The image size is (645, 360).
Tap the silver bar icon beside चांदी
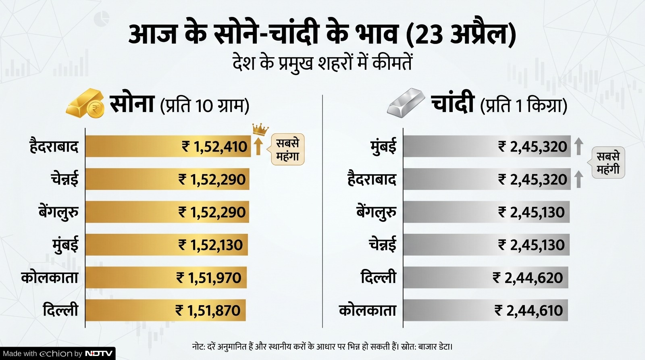[x=406, y=103]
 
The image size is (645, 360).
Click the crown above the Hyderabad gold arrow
[x=260, y=129]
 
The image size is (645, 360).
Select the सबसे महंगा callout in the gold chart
[x=287, y=150]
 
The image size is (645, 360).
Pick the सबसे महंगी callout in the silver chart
[x=608, y=162]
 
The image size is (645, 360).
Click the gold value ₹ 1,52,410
[x=214, y=147]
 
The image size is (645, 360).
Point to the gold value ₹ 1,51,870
[x=208, y=310]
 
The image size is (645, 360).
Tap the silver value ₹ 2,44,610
[x=528, y=310]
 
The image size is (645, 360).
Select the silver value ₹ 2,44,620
[x=528, y=278]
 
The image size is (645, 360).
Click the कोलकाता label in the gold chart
[x=50, y=277]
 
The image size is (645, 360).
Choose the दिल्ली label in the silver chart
[x=378, y=277]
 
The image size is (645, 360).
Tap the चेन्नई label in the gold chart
[x=64, y=179]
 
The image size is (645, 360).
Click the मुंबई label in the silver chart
[x=383, y=147]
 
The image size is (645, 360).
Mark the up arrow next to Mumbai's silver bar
[x=578, y=146]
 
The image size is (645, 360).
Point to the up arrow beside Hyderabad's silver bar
[x=578, y=179]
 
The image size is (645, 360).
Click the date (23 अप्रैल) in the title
[x=461, y=35]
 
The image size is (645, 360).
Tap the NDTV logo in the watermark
[x=99, y=354]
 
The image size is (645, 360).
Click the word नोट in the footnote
[x=198, y=347]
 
